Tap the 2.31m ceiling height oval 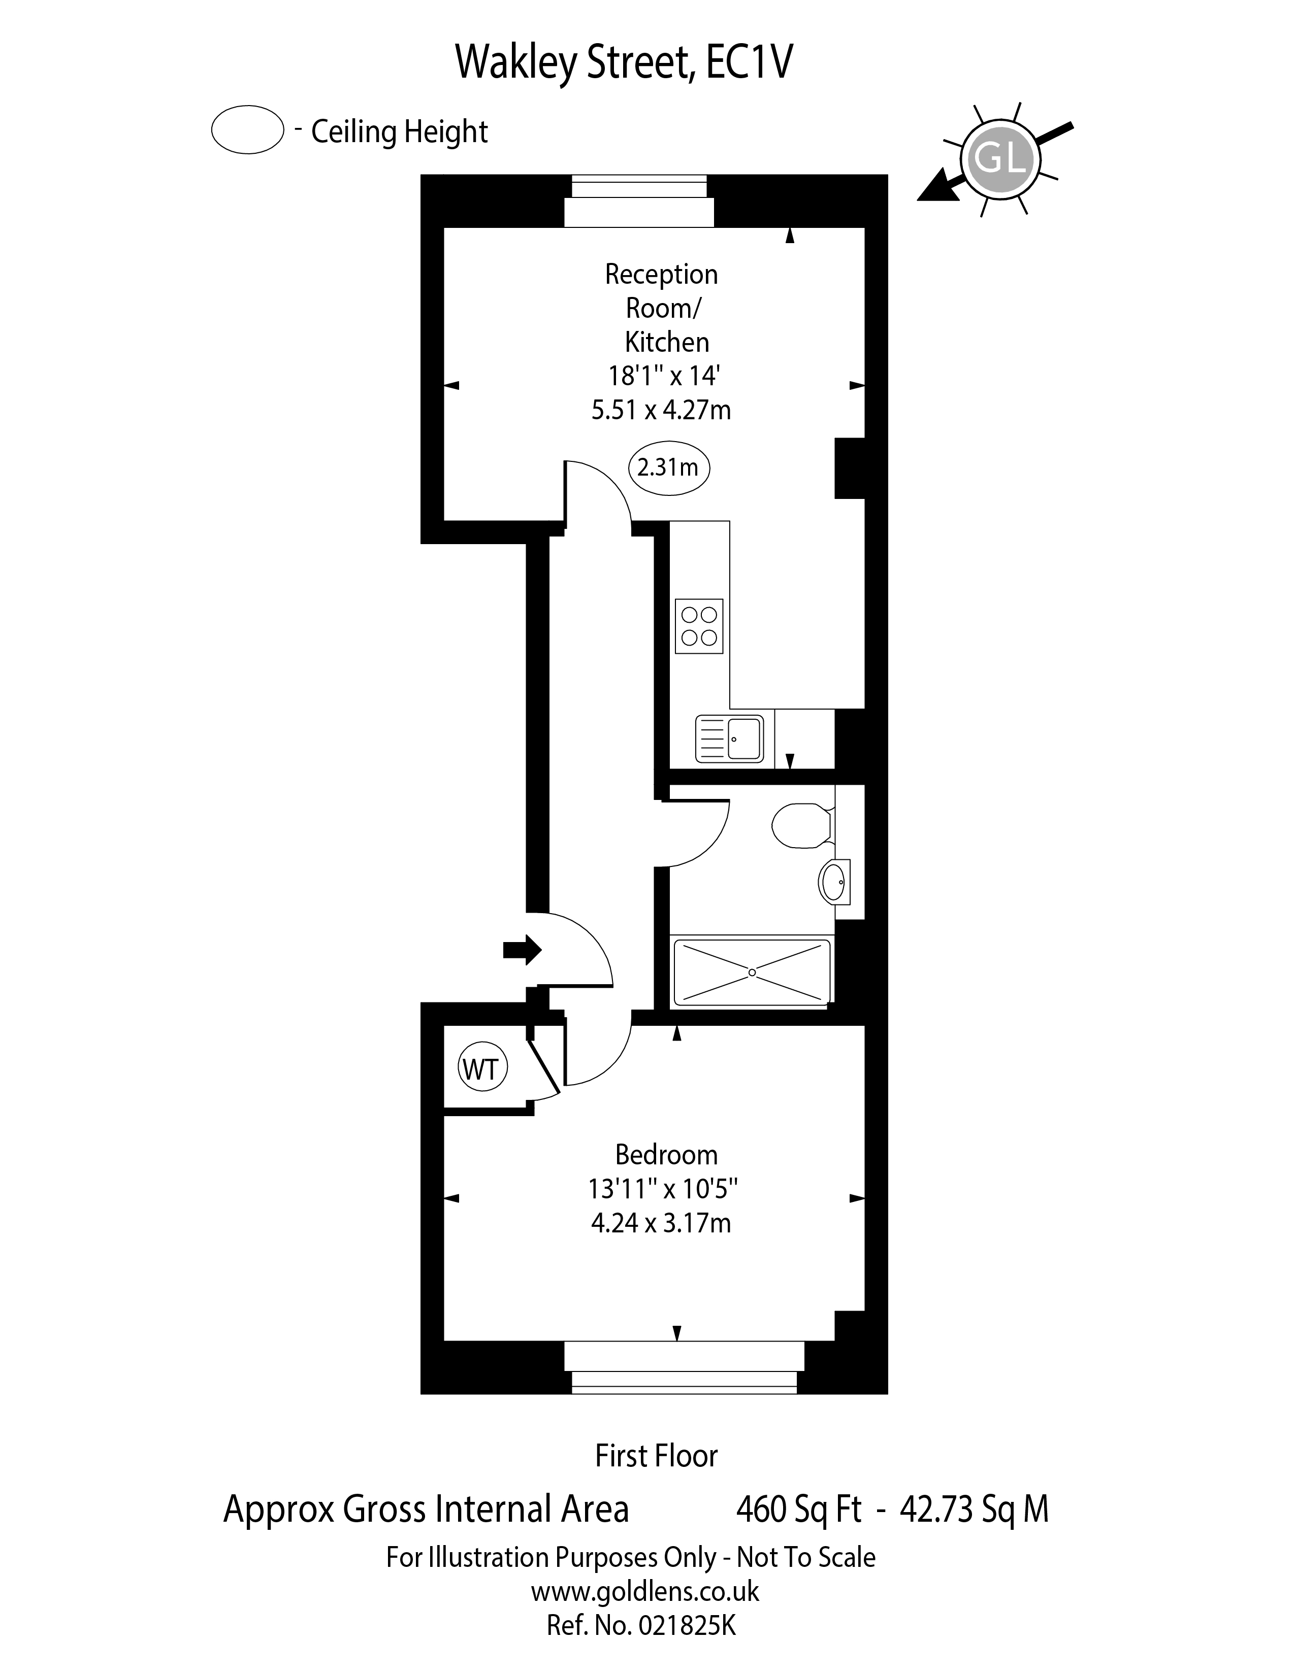[x=668, y=467]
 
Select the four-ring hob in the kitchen [x=699, y=626]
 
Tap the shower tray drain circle [x=752, y=973]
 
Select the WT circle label [x=482, y=1068]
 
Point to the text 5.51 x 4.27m [x=661, y=410]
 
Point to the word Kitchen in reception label [x=667, y=342]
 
